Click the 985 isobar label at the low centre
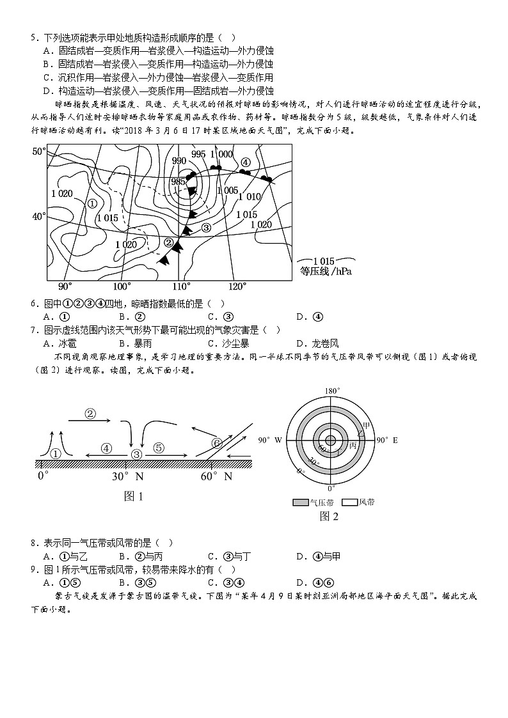click(x=179, y=182)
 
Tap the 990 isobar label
click(x=179, y=160)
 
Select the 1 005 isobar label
click(x=228, y=191)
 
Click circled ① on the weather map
click(x=91, y=203)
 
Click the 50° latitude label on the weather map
click(x=39, y=152)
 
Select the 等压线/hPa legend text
click(x=326, y=271)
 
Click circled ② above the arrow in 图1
click(x=90, y=413)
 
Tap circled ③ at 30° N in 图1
click(x=136, y=454)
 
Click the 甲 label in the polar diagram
click(x=366, y=425)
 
